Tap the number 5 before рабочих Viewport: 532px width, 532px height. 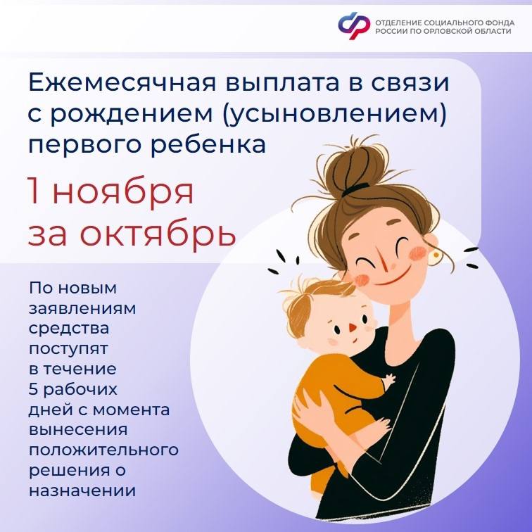point(34,388)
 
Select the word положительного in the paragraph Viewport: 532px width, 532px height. point(103,449)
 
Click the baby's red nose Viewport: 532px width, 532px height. point(350,329)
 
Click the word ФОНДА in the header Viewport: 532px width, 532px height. point(500,21)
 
